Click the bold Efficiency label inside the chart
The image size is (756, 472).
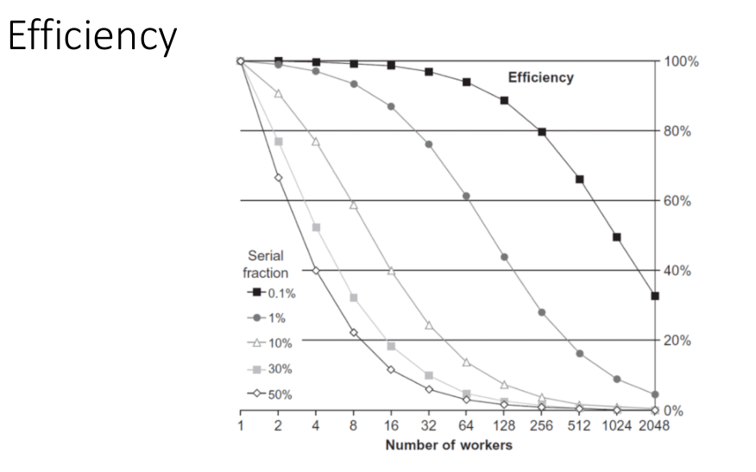pos(540,78)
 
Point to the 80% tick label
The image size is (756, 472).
pos(681,131)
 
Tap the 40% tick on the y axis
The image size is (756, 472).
pos(681,270)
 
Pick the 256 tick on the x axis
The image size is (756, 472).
pos(541,427)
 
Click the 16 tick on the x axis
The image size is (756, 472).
pos(391,427)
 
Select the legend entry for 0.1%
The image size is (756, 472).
pos(271,293)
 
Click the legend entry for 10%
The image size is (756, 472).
pos(273,343)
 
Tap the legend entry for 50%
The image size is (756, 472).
pos(273,394)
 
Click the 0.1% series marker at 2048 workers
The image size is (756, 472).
pos(655,296)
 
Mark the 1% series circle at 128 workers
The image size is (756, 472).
pos(504,257)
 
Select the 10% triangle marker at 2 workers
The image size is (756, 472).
pos(278,93)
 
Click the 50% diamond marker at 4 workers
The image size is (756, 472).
pos(316,271)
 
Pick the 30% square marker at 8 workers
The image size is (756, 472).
pos(354,298)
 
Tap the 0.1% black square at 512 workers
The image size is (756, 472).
pos(579,179)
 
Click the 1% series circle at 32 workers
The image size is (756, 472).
pos(429,144)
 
